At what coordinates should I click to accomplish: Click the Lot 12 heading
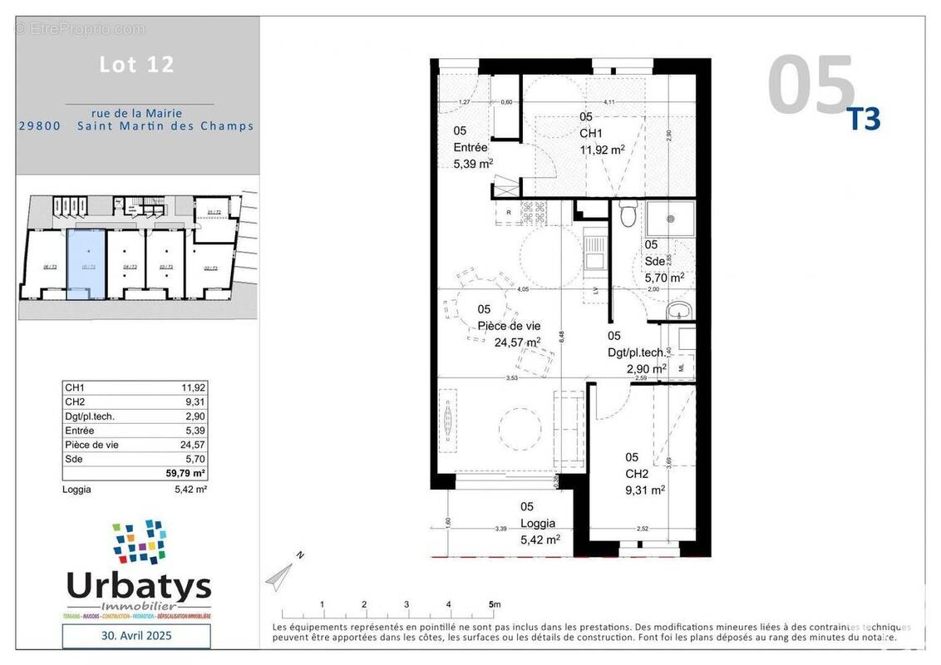(137, 65)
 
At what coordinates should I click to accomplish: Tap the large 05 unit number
(810, 86)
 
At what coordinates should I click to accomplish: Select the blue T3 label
(864, 120)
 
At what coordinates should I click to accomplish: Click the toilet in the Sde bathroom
(628, 216)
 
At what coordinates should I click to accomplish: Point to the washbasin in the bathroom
(679, 311)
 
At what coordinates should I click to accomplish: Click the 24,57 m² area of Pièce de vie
(517, 341)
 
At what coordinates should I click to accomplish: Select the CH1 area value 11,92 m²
(602, 150)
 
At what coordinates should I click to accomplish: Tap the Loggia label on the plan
(538, 523)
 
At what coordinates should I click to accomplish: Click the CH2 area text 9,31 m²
(644, 490)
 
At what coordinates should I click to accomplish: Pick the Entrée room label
(470, 147)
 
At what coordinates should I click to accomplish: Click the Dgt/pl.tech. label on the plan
(638, 352)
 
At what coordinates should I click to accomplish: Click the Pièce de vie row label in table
(91, 445)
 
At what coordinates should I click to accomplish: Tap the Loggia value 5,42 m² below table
(190, 490)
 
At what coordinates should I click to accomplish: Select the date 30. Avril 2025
(136, 636)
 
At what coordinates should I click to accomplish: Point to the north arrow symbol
(280, 573)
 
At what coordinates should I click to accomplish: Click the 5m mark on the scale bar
(493, 604)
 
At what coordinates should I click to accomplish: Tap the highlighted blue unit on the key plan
(86, 264)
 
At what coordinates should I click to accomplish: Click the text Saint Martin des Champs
(165, 126)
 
